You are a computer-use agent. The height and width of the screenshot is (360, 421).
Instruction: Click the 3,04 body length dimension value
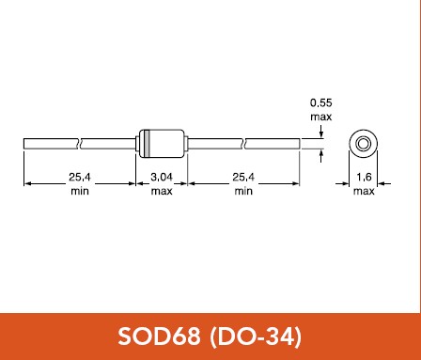(x=162, y=178)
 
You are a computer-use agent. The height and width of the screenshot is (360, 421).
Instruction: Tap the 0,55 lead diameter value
(x=321, y=102)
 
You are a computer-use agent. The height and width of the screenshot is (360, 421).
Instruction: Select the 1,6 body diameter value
(x=364, y=178)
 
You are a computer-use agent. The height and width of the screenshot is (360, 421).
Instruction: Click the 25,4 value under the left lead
(x=80, y=178)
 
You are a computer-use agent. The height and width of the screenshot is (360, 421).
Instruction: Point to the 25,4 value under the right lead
(x=243, y=178)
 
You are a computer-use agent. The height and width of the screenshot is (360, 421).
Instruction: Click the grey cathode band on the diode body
(x=147, y=144)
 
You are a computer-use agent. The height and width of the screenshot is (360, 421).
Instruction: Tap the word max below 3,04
(x=162, y=191)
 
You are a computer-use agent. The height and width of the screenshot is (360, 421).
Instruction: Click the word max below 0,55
(x=321, y=117)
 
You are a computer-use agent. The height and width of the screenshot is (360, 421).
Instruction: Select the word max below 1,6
(x=364, y=191)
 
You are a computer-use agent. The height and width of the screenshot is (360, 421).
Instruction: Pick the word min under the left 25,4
(x=80, y=191)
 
